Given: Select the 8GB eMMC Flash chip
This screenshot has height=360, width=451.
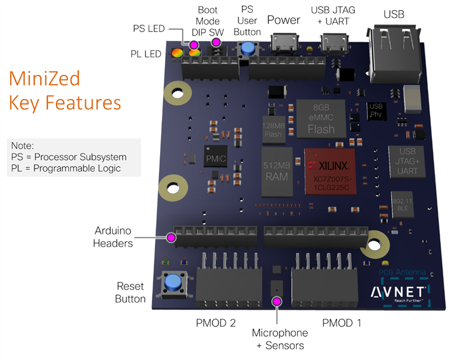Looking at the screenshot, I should [321, 118].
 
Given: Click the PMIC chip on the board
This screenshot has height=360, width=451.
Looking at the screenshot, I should [212, 159].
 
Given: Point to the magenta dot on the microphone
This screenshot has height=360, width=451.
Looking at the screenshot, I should [276, 302].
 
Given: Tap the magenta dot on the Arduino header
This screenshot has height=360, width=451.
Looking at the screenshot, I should [171, 238].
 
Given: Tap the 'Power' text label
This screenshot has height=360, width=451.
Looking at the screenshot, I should [284, 20].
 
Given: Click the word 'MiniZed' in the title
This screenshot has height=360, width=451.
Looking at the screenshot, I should [45, 79].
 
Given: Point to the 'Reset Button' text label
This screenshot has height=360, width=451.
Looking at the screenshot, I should [131, 292].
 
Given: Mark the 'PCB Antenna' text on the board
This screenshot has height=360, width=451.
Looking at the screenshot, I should [402, 273].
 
